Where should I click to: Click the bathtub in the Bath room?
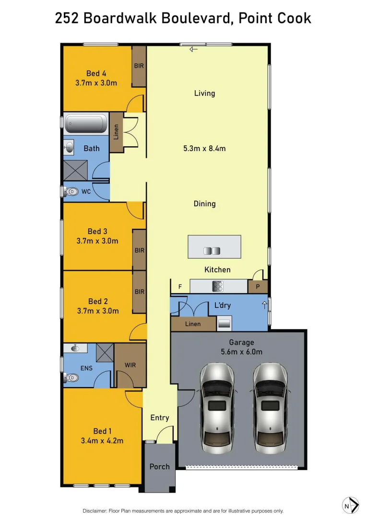point(87,123)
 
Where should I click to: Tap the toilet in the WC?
point(71,192)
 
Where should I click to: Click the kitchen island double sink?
point(212,250)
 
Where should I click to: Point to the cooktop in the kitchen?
point(218,286)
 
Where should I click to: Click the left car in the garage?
point(217,407)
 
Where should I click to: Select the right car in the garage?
point(271,407)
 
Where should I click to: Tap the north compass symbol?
point(350,505)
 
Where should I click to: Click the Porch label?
point(159,466)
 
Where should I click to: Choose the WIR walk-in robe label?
point(130,365)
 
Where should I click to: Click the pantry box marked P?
point(258,287)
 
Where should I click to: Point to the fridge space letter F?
point(180,287)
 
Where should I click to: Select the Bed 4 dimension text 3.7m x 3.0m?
point(96,83)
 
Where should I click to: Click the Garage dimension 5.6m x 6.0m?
point(241,352)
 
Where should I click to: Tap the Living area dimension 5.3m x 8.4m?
point(204,149)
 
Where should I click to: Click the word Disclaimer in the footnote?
point(96,511)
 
